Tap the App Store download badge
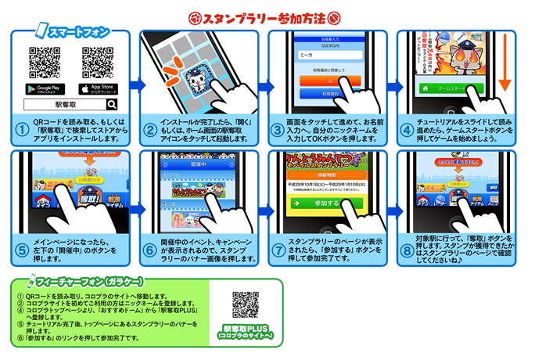point(98,88)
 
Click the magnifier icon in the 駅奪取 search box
point(112,103)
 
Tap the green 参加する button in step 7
point(327,203)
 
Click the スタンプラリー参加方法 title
point(268,14)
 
